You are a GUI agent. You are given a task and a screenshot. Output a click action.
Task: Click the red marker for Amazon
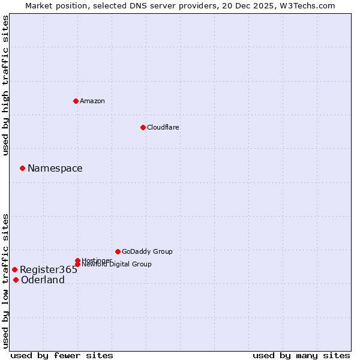pyautogui.click(x=76, y=101)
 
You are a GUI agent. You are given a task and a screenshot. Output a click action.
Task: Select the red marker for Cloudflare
pyautogui.click(x=143, y=127)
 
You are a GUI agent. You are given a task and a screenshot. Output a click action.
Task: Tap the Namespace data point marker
pyautogui.click(x=22, y=168)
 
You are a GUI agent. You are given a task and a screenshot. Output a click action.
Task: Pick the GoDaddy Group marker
pyautogui.click(x=118, y=251)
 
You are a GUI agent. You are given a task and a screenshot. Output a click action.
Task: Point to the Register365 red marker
pyautogui.click(x=14, y=269)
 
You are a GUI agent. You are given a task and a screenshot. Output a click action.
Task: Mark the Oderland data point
pyautogui.click(x=16, y=280)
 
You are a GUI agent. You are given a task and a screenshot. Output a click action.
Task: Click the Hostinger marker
pyautogui.click(x=78, y=260)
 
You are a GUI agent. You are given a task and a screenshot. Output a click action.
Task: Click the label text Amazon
pyautogui.click(x=92, y=101)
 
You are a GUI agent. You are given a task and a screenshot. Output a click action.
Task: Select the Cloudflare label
pyautogui.click(x=163, y=127)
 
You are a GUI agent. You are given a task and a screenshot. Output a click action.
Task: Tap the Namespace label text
pyautogui.click(x=55, y=169)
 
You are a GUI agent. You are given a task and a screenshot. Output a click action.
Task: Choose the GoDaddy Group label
pyautogui.click(x=147, y=251)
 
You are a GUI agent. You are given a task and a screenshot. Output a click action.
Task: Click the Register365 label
pyautogui.click(x=49, y=270)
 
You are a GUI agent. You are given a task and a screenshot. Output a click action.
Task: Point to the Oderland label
pyautogui.click(x=43, y=280)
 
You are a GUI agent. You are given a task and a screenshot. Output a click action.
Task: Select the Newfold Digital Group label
pyautogui.click(x=116, y=265)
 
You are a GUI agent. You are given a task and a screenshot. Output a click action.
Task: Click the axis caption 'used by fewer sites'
pyautogui.click(x=62, y=355)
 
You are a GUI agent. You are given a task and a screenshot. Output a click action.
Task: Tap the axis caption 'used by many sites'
pyautogui.click(x=301, y=355)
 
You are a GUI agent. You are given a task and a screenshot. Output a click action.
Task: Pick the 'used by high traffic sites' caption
pyautogui.click(x=6, y=85)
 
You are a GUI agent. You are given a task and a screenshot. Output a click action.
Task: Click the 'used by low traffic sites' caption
pyautogui.click(x=6, y=280)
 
